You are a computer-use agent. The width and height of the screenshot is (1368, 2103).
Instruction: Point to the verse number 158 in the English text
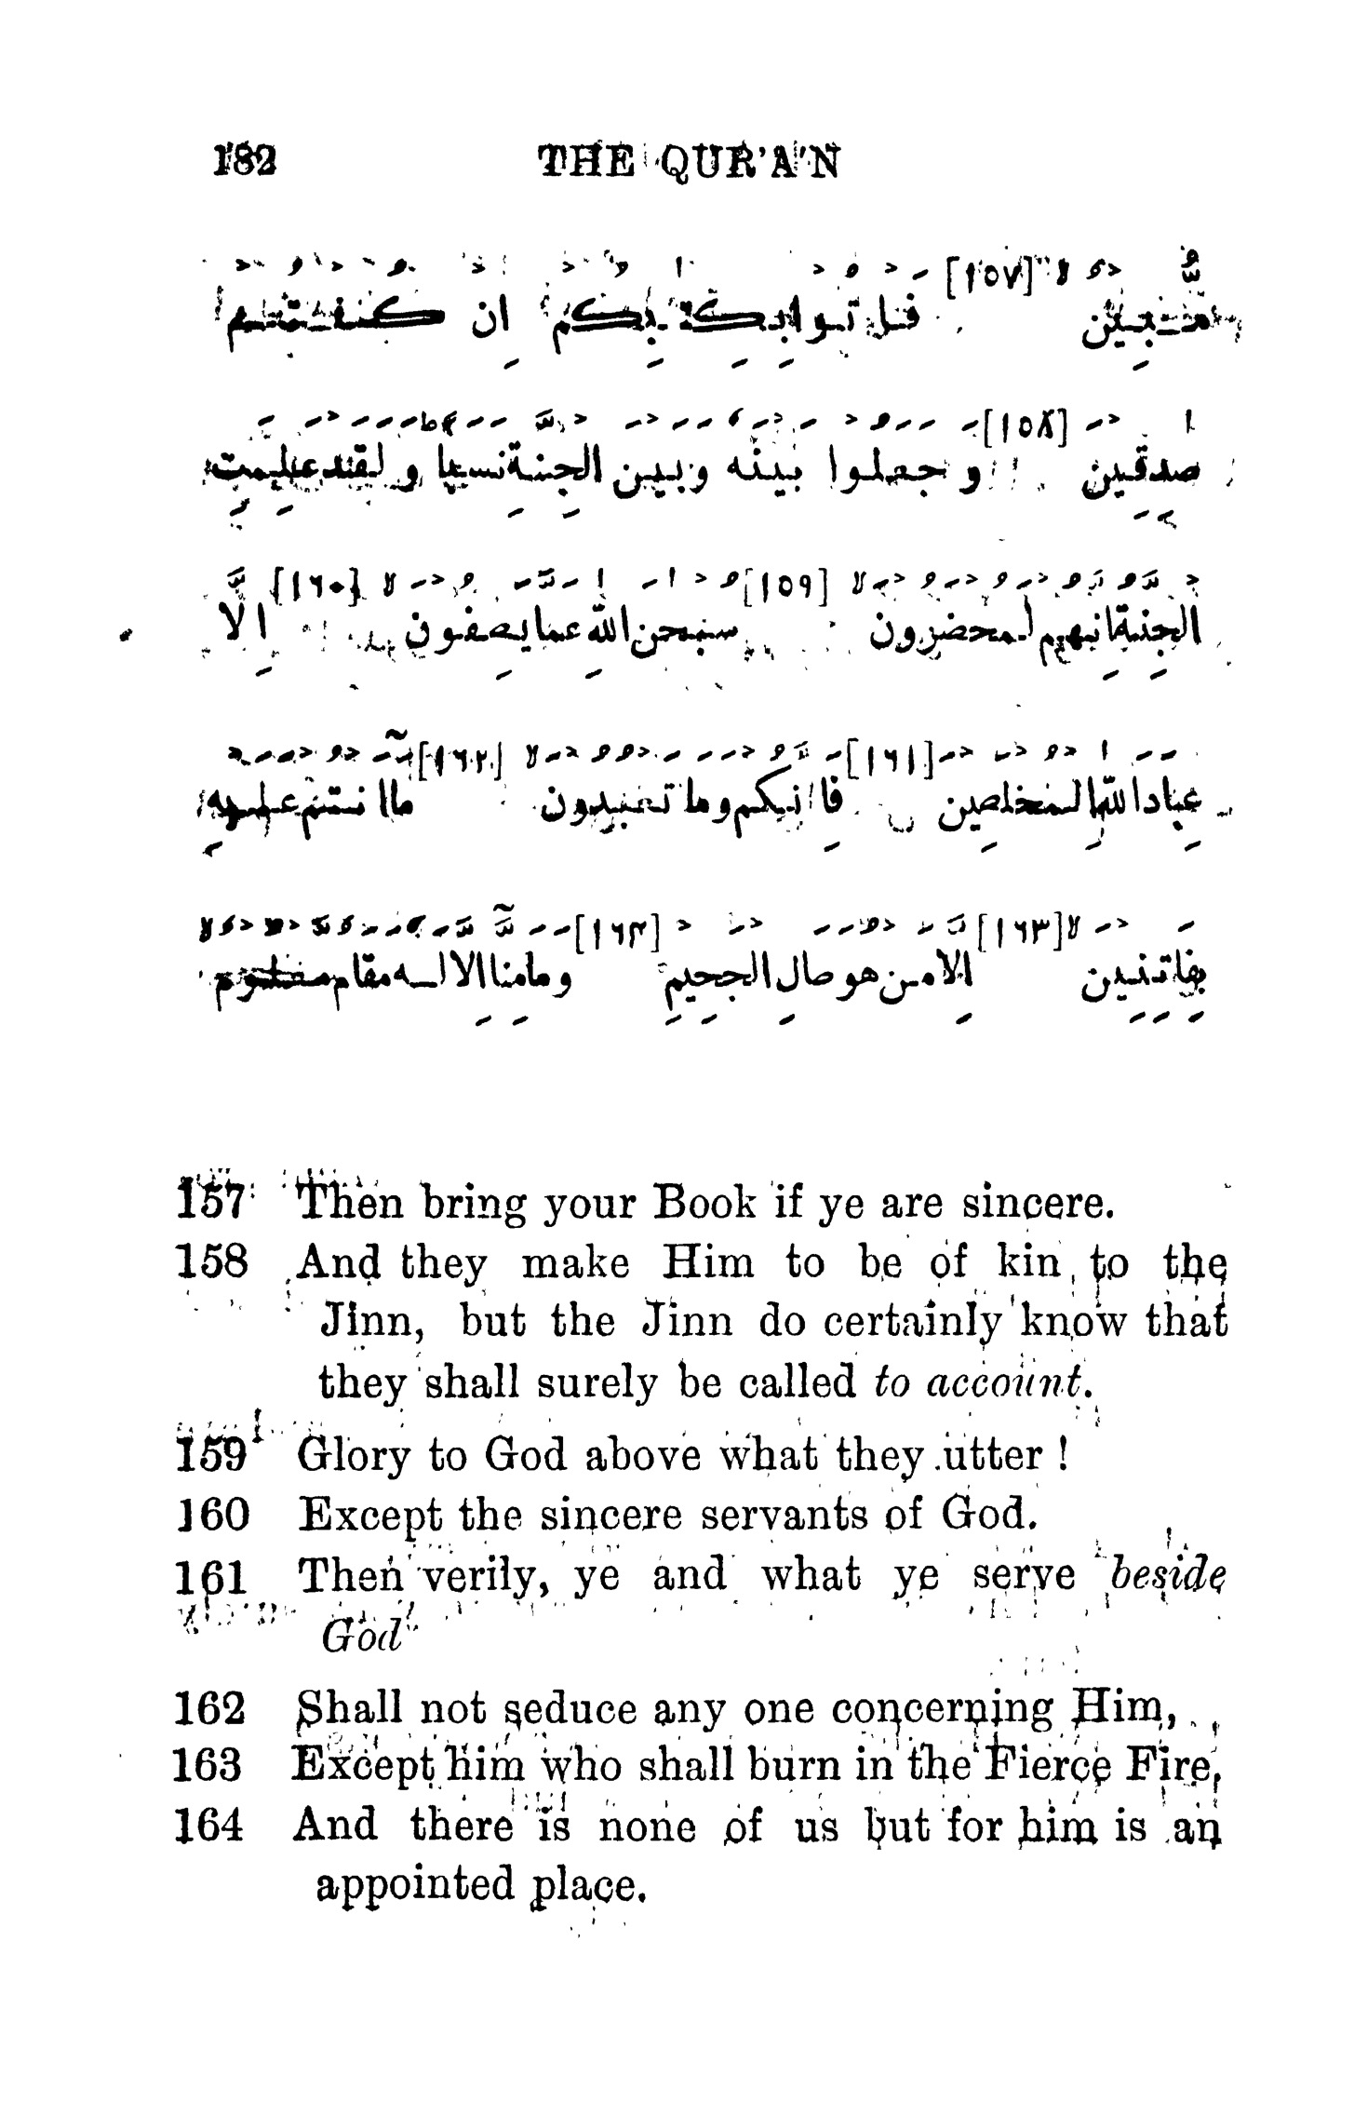pyautogui.click(x=212, y=1264)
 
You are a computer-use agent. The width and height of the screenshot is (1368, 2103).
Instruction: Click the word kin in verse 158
pyautogui.click(x=1028, y=1264)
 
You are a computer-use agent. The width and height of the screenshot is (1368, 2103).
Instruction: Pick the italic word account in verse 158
pyautogui.click(x=1008, y=1382)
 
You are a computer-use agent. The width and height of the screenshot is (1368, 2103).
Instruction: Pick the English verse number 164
pyautogui.click(x=210, y=1826)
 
